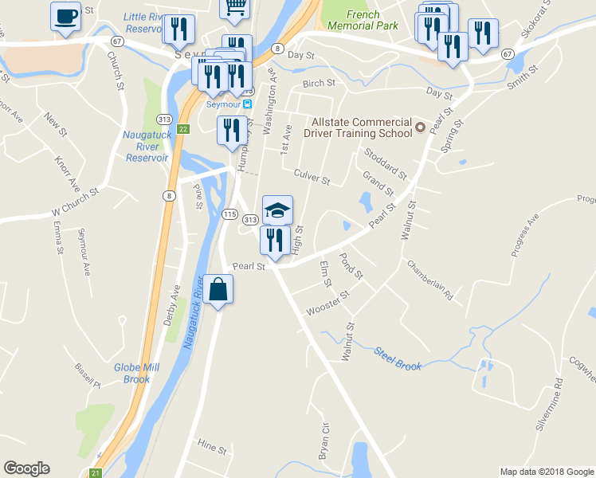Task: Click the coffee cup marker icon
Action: tap(65, 16)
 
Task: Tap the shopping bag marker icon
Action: tap(218, 289)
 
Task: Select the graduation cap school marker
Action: tap(278, 210)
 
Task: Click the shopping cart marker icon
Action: tap(235, 8)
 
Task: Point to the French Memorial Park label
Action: tap(372, 20)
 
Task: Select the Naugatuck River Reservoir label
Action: tap(146, 146)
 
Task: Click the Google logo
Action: tap(26, 468)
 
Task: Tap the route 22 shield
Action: tap(182, 129)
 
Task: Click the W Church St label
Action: tap(74, 202)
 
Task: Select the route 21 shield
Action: tap(97, 472)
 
